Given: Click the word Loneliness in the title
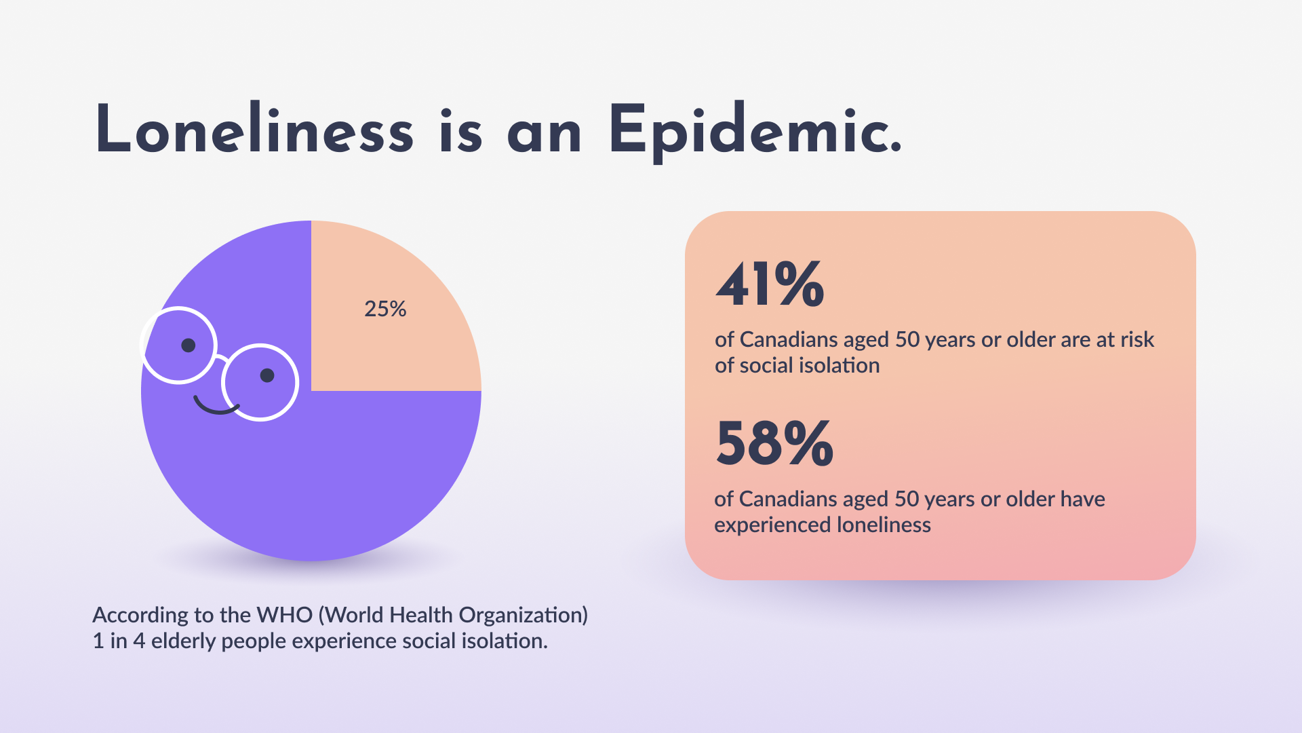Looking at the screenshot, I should (x=254, y=130).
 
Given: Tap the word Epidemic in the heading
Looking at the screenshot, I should (x=754, y=130).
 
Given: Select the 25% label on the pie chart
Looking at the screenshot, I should (x=385, y=309).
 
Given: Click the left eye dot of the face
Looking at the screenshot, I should (x=189, y=345).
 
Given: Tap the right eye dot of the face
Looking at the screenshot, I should (x=267, y=375).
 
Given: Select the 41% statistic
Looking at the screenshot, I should (x=770, y=284).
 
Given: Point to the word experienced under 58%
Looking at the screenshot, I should (x=772, y=525).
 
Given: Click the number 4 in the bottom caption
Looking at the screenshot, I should (x=139, y=641).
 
